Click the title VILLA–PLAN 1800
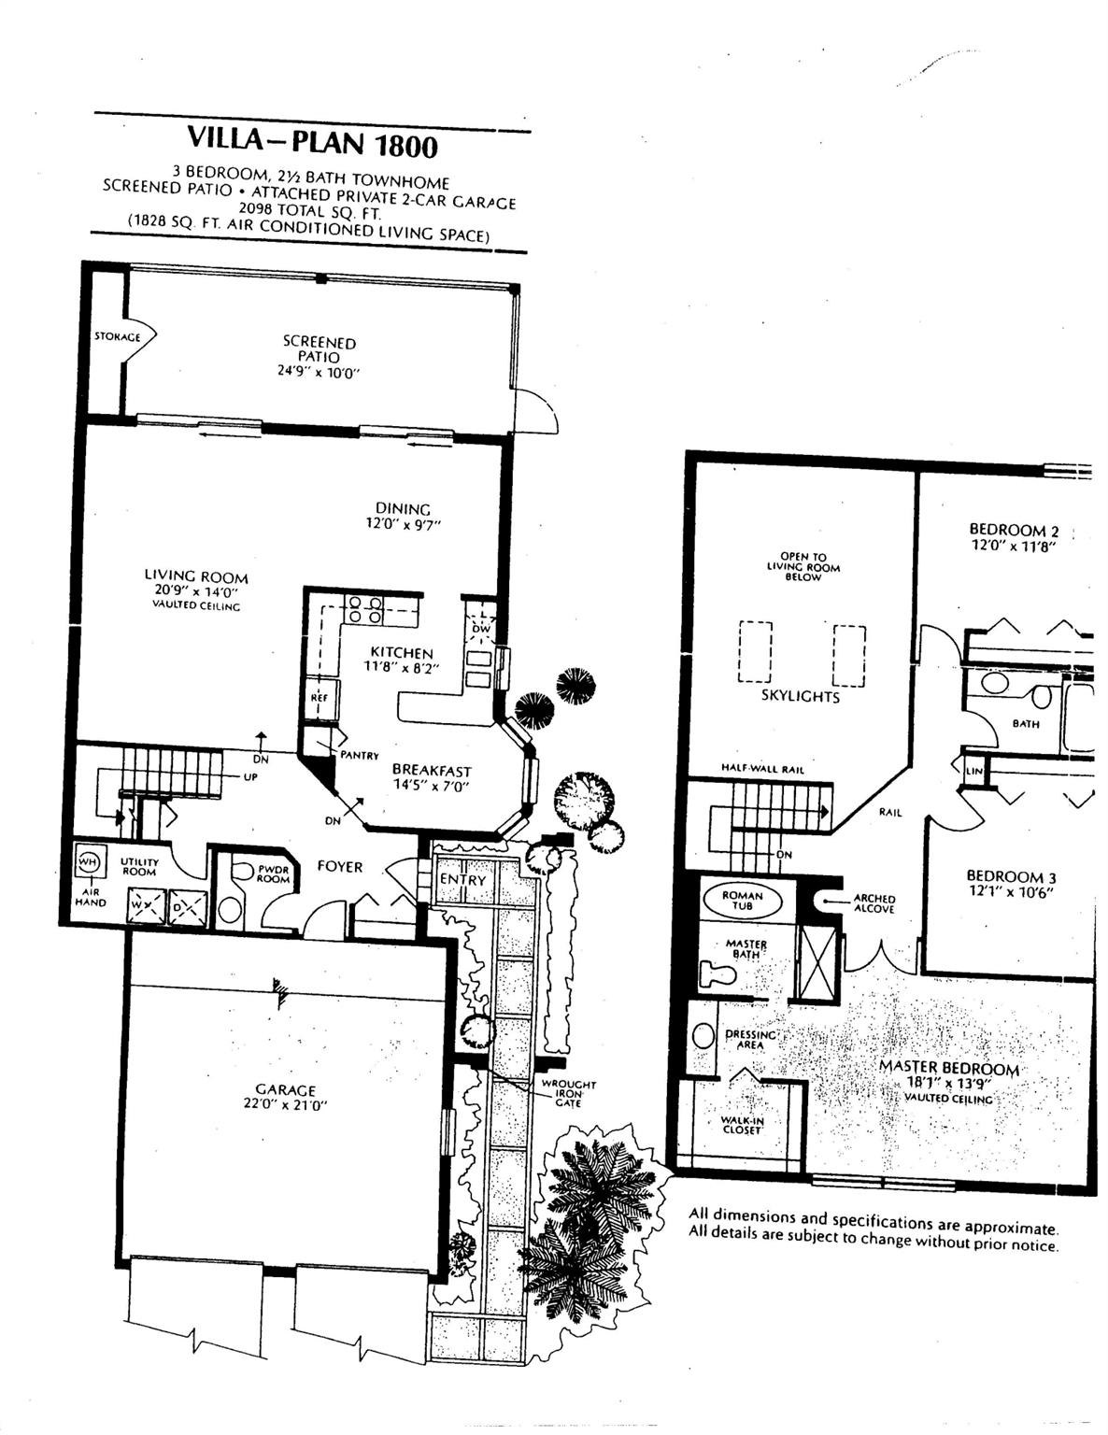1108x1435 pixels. click(312, 142)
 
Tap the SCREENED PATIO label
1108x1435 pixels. click(320, 349)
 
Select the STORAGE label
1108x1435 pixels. click(118, 336)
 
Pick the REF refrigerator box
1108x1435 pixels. click(319, 697)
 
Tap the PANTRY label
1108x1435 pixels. click(360, 756)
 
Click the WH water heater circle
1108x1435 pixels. click(88, 861)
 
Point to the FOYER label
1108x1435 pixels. click(340, 866)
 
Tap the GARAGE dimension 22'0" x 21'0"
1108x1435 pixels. click(286, 1104)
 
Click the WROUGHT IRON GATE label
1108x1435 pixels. click(569, 1093)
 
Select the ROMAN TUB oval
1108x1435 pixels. click(742, 901)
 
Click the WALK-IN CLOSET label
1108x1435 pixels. click(742, 1125)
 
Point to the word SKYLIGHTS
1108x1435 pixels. click(801, 696)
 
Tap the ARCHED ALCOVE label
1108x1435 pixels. click(874, 903)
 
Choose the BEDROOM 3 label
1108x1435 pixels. click(1011, 876)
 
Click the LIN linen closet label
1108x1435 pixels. click(974, 771)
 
